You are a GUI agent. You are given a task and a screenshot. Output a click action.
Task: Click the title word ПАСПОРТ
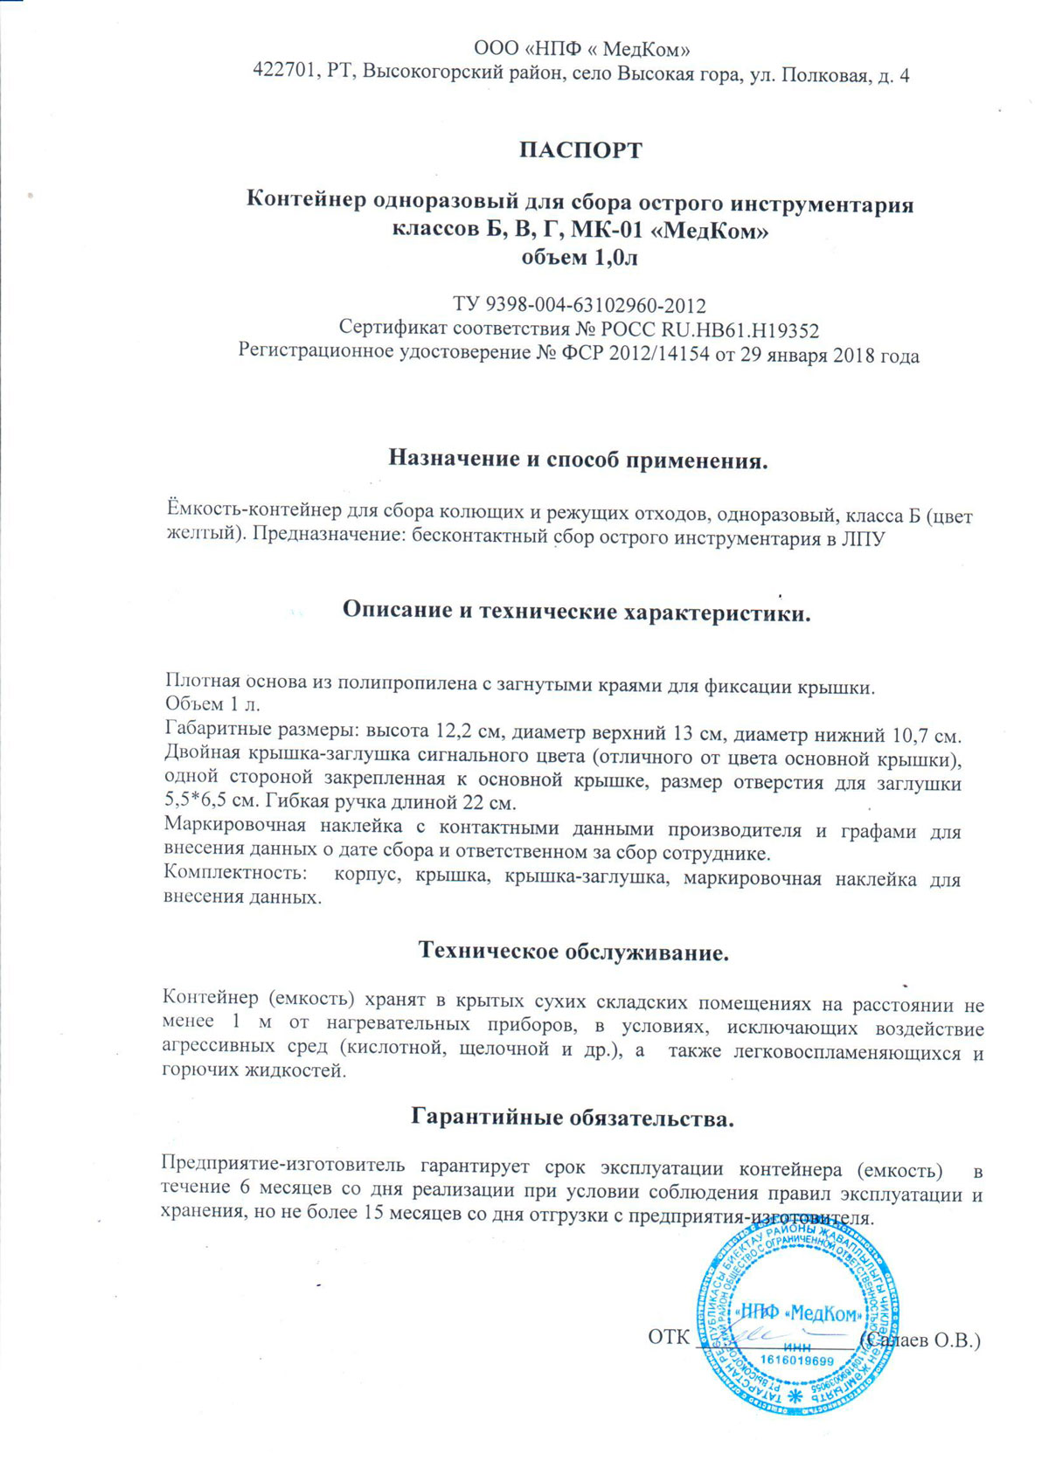point(580,150)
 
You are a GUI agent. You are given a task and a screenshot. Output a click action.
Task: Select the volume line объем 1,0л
point(580,257)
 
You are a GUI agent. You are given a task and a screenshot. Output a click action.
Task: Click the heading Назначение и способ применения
point(578,459)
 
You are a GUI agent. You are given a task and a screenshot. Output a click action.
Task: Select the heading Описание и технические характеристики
point(577,611)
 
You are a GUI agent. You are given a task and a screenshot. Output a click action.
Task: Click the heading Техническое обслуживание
point(573,951)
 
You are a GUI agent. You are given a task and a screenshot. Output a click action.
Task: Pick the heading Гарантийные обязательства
point(572,1117)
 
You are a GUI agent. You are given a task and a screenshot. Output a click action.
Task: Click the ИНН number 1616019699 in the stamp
point(797,1361)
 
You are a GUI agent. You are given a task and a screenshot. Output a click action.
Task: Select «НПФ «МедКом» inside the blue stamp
point(799,1312)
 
